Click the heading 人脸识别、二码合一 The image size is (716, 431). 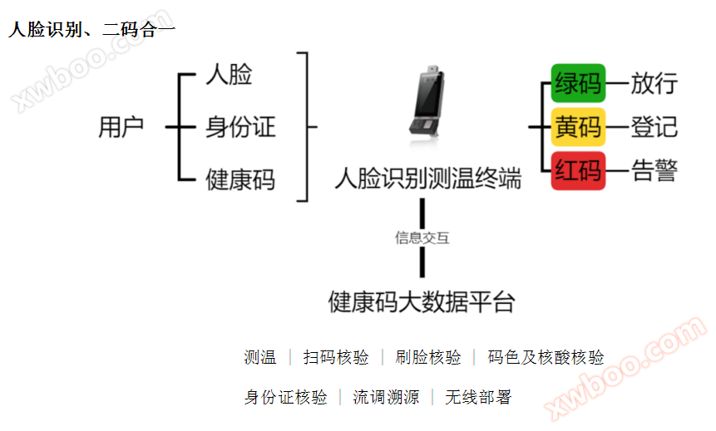(x=91, y=30)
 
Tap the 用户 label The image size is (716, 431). (x=121, y=127)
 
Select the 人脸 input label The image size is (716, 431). (x=229, y=76)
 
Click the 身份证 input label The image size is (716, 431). (x=240, y=127)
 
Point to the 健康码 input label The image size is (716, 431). (x=240, y=179)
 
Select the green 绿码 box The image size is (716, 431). (x=578, y=83)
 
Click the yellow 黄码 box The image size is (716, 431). (x=578, y=127)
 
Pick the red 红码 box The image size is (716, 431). (x=578, y=171)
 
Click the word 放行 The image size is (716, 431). (x=654, y=83)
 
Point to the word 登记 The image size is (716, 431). (x=654, y=127)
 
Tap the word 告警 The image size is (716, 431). (x=654, y=171)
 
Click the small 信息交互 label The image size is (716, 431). (x=422, y=238)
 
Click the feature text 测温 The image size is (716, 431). (x=259, y=358)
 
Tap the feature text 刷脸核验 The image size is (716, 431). (x=427, y=358)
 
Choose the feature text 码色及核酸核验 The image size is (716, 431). (x=546, y=358)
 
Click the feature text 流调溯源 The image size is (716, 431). (x=386, y=398)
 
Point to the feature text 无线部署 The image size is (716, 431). (x=477, y=398)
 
